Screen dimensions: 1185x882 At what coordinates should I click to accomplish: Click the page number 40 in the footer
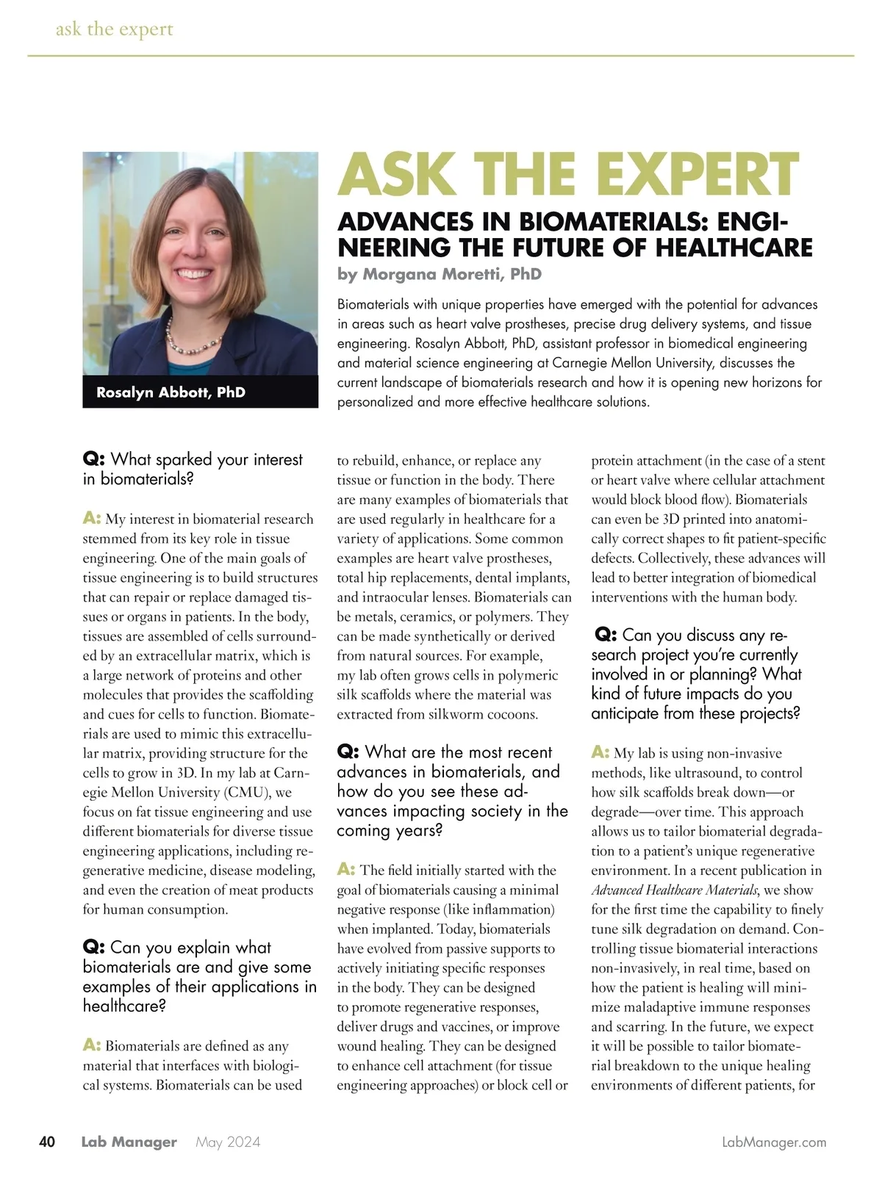[x=46, y=1142]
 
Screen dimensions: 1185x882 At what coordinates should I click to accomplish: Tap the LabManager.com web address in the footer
[x=774, y=1142]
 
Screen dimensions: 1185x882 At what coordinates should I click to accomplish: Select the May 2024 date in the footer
[x=228, y=1142]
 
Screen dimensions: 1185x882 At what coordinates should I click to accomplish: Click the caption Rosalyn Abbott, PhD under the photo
[x=171, y=392]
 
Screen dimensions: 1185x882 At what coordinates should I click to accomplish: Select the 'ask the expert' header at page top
[x=115, y=29]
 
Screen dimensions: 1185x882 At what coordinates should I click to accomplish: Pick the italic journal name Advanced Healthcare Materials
[x=674, y=890]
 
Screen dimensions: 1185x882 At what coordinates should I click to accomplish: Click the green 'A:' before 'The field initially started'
[x=346, y=870]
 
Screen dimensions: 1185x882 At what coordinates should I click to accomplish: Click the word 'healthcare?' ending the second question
[x=124, y=1006]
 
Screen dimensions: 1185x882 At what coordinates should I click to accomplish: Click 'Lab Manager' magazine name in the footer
[x=129, y=1142]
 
